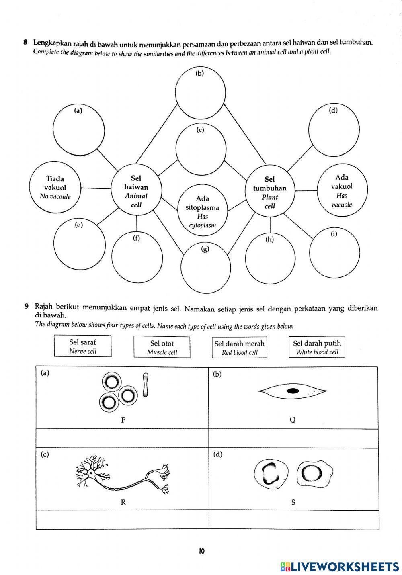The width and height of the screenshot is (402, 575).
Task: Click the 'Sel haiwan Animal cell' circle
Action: click(136, 192)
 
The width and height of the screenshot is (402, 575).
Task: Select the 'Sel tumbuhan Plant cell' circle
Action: click(270, 192)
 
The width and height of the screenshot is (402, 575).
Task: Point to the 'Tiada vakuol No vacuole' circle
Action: click(55, 187)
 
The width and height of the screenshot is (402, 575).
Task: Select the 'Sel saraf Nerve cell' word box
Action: click(83, 346)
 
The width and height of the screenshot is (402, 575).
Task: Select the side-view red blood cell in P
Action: click(146, 385)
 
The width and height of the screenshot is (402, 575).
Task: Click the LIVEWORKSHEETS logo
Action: click(340, 566)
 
